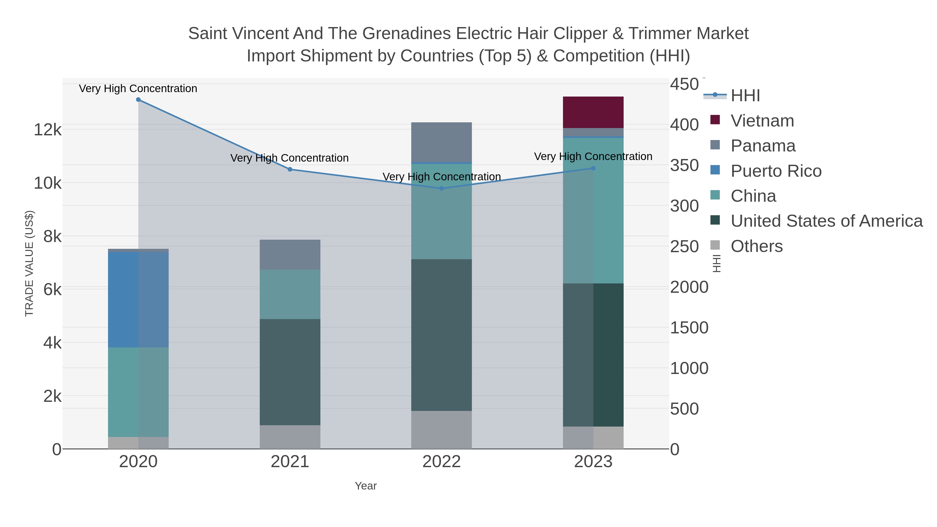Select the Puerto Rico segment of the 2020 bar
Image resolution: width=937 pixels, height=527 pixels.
coord(138,299)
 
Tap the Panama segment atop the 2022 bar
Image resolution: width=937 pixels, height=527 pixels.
coord(441,142)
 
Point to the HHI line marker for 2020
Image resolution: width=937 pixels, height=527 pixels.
coord(138,100)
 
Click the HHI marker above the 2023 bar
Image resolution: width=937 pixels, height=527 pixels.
coord(593,168)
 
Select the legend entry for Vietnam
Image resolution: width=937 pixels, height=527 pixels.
coord(762,121)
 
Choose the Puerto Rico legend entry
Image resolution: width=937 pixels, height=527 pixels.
coord(776,171)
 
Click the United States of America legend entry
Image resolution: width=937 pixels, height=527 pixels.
coord(826,221)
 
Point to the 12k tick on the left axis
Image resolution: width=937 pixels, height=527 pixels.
coord(48,130)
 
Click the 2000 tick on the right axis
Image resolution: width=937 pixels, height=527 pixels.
coord(689,287)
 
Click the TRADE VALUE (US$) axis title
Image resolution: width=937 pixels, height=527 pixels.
coord(29,263)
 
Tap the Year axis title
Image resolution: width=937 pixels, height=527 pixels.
coord(366,486)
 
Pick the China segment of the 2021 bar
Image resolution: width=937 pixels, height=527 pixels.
coord(290,294)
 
